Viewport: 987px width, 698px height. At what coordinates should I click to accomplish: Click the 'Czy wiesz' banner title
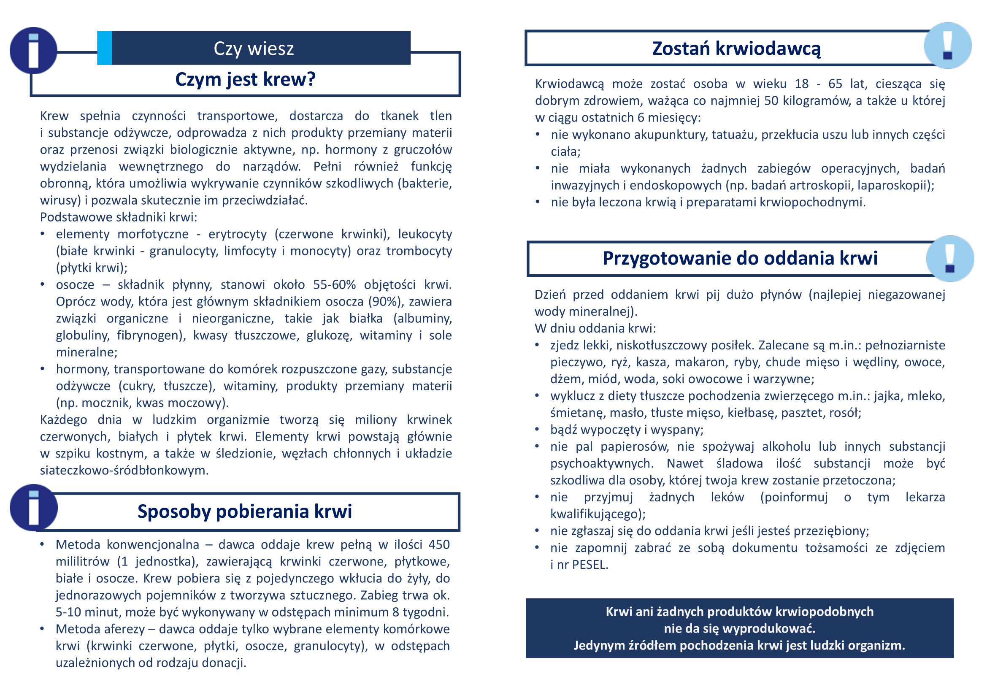(x=254, y=49)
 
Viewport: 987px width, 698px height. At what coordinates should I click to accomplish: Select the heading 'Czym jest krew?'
(x=245, y=79)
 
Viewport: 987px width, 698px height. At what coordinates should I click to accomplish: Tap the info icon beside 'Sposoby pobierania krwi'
(x=33, y=508)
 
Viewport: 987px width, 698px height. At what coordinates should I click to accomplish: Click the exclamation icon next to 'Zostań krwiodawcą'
(x=947, y=46)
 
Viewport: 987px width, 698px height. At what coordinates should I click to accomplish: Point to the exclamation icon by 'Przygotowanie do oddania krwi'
(x=949, y=259)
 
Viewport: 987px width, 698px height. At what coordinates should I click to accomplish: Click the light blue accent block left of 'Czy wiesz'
(x=105, y=48)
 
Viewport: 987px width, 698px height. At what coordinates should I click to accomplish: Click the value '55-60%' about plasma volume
(x=335, y=284)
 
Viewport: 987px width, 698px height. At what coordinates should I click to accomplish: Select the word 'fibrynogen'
(x=149, y=335)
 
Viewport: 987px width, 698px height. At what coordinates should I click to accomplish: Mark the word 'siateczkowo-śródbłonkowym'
(x=124, y=470)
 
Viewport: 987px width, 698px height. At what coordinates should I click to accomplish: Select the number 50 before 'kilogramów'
(x=771, y=100)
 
